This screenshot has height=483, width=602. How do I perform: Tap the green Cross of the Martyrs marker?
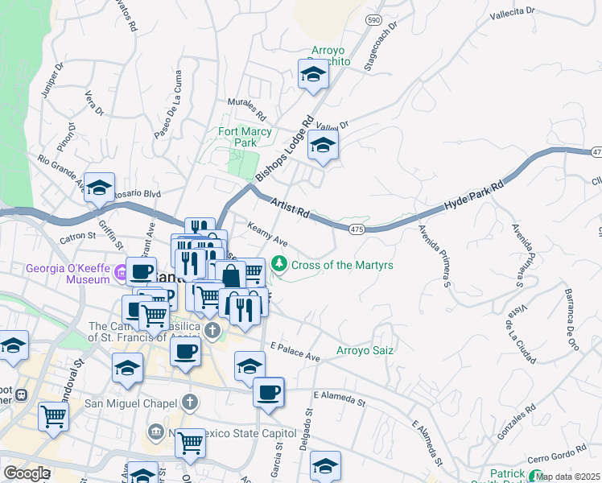pyautogui.click(x=279, y=263)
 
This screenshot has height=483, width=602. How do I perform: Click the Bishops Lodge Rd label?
pyautogui.click(x=283, y=150)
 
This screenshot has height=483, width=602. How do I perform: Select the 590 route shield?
pyautogui.click(x=373, y=19)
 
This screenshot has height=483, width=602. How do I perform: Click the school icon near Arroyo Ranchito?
pyautogui.click(x=312, y=76)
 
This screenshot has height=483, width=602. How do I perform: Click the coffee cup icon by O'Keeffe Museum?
pyautogui.click(x=142, y=271)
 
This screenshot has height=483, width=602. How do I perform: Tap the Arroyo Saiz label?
pyautogui.click(x=361, y=350)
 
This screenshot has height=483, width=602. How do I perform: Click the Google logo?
pyautogui.click(x=27, y=473)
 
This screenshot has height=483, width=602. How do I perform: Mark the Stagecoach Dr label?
pyautogui.click(x=381, y=53)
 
